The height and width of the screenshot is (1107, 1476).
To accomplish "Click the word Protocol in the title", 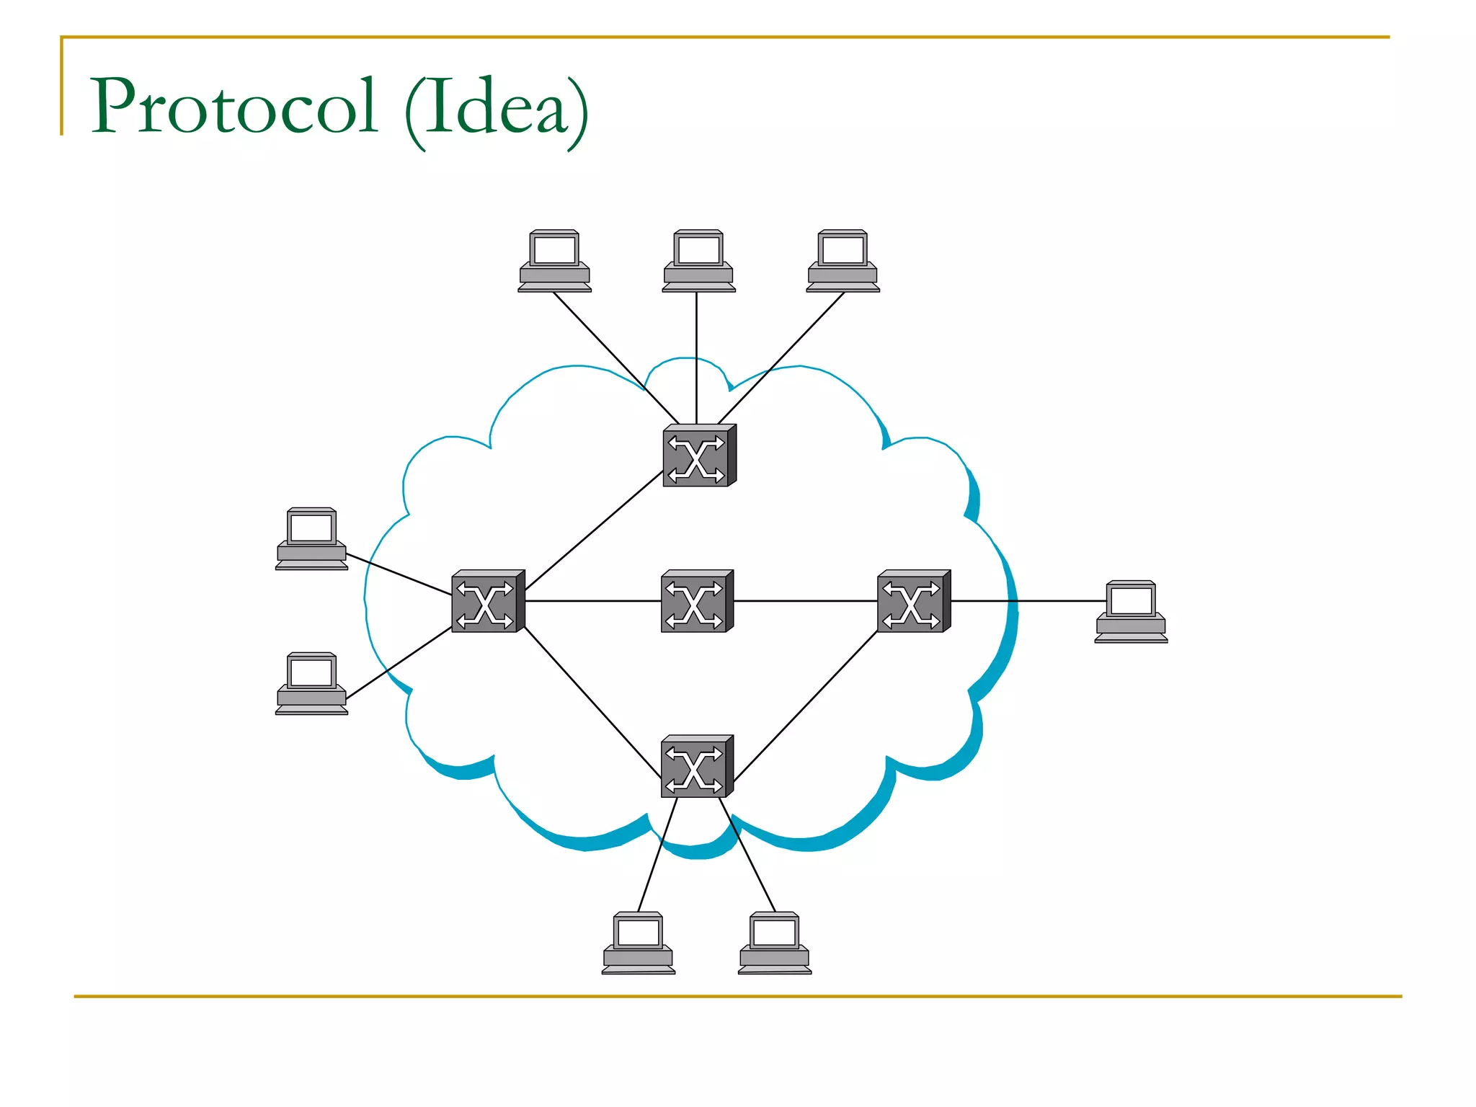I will click(234, 107).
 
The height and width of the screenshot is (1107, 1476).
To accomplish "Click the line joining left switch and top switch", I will click(594, 532).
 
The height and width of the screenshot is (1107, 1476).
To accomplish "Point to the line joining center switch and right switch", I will click(806, 600).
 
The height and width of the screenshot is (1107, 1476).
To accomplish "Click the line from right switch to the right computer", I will click(1028, 600).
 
